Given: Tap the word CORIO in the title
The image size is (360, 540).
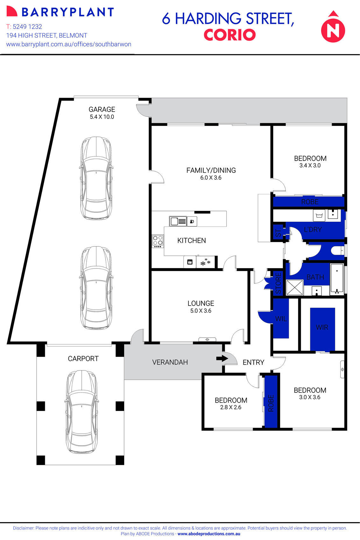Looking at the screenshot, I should point(229,35).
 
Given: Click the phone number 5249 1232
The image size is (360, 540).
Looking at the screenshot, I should point(27,27).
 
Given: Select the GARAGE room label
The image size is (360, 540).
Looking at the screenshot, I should point(102,109).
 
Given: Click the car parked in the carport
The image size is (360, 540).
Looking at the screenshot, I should point(82,412).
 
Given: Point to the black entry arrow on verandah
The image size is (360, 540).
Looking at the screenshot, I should point(222,358).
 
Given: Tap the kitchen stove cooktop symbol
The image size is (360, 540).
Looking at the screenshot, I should point(158,241).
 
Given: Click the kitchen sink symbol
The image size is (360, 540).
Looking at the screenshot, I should point(178,221).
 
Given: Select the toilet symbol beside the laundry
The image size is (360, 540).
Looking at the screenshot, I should point(337,251).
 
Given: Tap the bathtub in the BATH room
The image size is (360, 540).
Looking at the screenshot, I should point(337,278).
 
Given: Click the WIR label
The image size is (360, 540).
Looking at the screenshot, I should point(322,327).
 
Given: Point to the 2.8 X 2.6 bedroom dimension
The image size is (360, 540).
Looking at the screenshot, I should point(231,407).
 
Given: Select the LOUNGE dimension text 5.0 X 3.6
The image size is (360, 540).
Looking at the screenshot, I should point(201,311).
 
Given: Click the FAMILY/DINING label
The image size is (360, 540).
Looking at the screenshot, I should point(211,170).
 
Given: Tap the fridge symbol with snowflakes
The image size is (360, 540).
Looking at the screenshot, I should point(205,262).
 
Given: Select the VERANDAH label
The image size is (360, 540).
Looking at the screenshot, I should point(170,362).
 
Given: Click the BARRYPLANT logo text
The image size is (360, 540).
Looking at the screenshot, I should point(67,12).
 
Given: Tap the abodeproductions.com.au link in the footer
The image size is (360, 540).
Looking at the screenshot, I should point(209,534).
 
